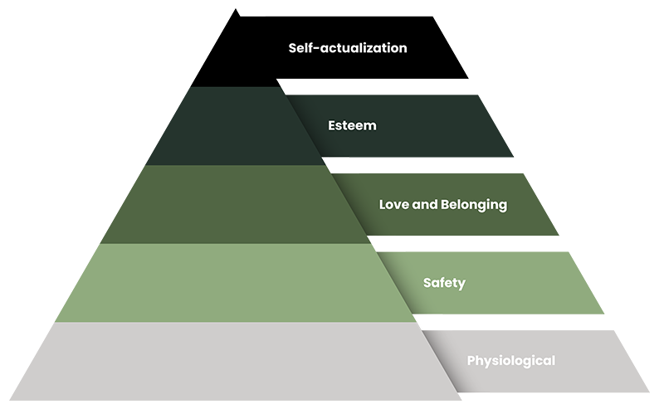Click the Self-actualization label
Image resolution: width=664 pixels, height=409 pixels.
click(x=348, y=48)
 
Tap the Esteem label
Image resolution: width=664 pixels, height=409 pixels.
click(x=353, y=126)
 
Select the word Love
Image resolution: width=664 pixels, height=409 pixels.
click(x=393, y=204)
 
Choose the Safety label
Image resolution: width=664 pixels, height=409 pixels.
click(x=444, y=283)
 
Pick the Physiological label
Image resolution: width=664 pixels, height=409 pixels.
click(x=510, y=361)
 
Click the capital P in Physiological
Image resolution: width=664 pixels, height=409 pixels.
click(x=471, y=361)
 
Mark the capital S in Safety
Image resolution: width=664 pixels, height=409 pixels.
click(x=427, y=283)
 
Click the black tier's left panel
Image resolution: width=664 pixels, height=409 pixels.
click(x=224, y=50)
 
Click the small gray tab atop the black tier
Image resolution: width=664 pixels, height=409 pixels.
click(x=253, y=12)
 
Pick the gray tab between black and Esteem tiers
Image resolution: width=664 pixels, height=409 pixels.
click(x=283, y=86)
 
